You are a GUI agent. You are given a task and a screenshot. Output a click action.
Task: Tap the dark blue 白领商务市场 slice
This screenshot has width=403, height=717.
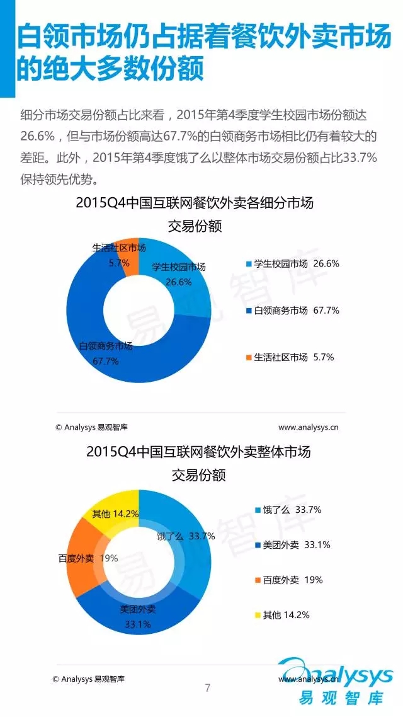(x=94, y=328)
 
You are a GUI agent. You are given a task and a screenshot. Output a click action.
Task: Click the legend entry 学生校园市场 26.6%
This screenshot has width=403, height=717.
(x=293, y=264)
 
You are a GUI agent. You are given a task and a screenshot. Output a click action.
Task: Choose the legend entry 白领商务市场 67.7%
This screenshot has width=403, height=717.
(x=293, y=311)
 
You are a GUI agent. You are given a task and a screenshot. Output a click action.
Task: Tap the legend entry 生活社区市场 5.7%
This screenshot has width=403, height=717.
(x=290, y=357)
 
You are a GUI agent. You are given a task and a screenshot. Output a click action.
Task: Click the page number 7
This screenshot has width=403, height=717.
(x=208, y=687)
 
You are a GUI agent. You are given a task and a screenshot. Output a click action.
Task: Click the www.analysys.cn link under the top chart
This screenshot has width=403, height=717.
(x=309, y=427)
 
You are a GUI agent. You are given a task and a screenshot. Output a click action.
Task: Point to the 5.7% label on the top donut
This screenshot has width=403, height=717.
(x=119, y=262)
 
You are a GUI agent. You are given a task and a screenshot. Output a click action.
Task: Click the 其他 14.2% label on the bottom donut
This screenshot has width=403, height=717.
(x=115, y=513)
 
